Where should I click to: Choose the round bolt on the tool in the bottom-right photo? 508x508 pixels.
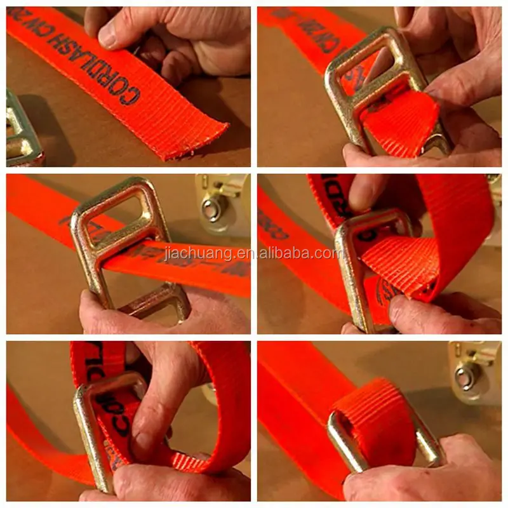[x=467, y=375]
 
